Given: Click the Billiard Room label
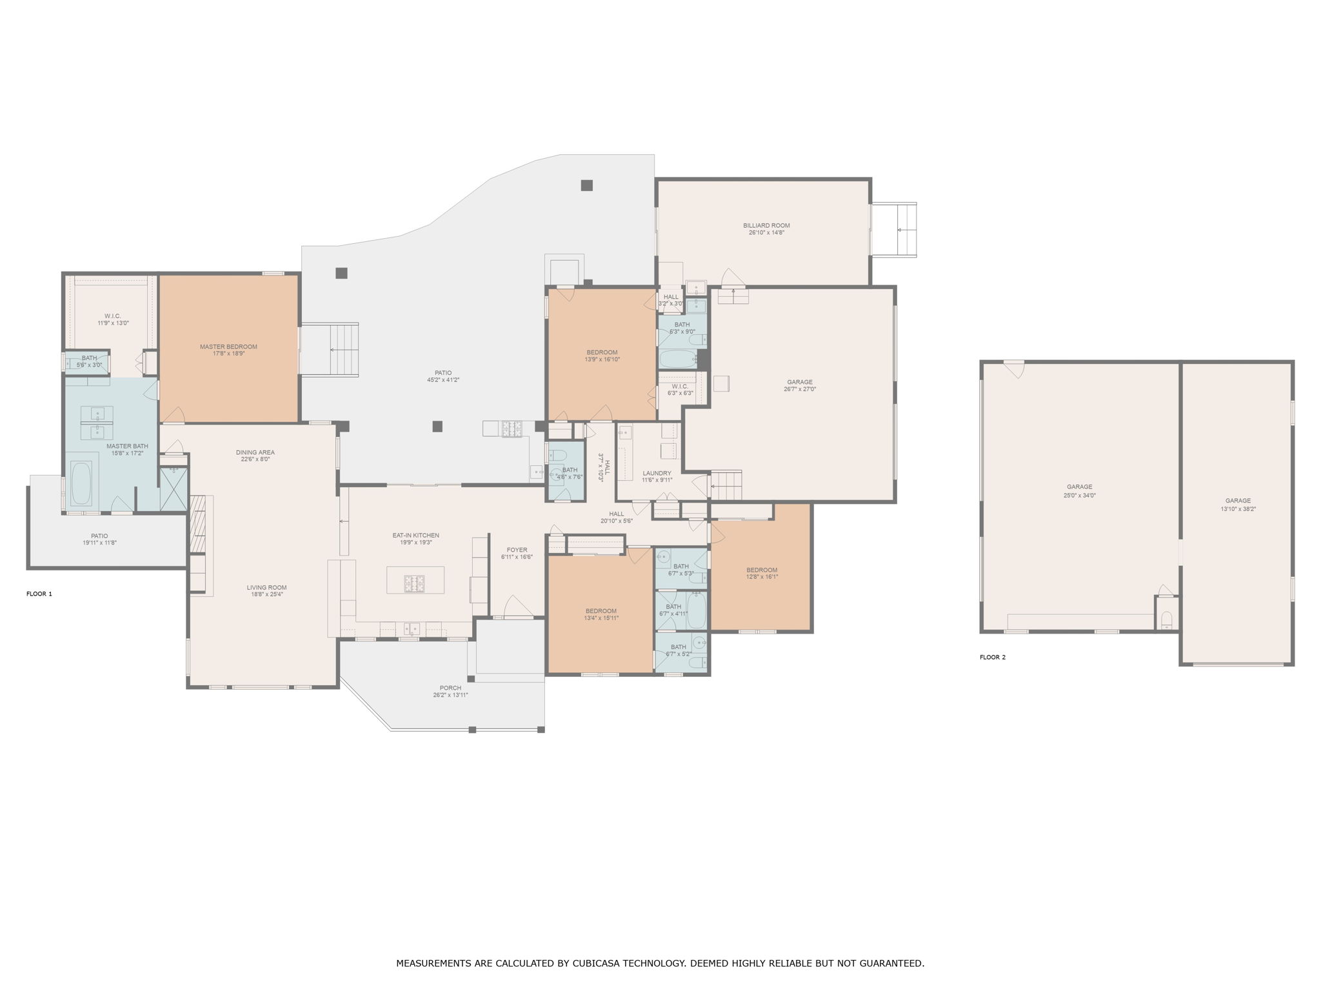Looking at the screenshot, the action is pos(766,226).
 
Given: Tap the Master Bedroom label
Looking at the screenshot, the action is pos(228,346).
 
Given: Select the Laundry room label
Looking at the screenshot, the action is pos(657,473).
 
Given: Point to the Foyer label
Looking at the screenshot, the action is pos(517,550).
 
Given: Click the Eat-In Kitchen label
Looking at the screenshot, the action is pos(416,536).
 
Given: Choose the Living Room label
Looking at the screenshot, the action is pos(266,588).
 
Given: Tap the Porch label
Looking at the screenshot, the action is pos(450,688).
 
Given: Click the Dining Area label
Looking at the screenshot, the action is pos(255,452).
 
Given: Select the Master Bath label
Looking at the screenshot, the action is pos(127,446).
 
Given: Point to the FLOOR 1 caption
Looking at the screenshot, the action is pos(39,594).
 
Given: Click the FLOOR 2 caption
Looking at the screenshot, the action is pos(993,657).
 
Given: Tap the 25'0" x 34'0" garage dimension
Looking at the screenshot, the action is pos(1080,495).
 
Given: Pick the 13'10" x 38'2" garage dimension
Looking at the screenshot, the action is pos(1238,509).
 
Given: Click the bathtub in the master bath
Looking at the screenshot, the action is pos(81,483).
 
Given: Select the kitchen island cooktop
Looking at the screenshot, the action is pos(414,583).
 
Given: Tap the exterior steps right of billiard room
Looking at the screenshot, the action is pos(894,230).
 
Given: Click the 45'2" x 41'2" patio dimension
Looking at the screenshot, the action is pos(443,380).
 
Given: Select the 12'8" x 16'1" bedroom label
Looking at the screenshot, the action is pos(762,577).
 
